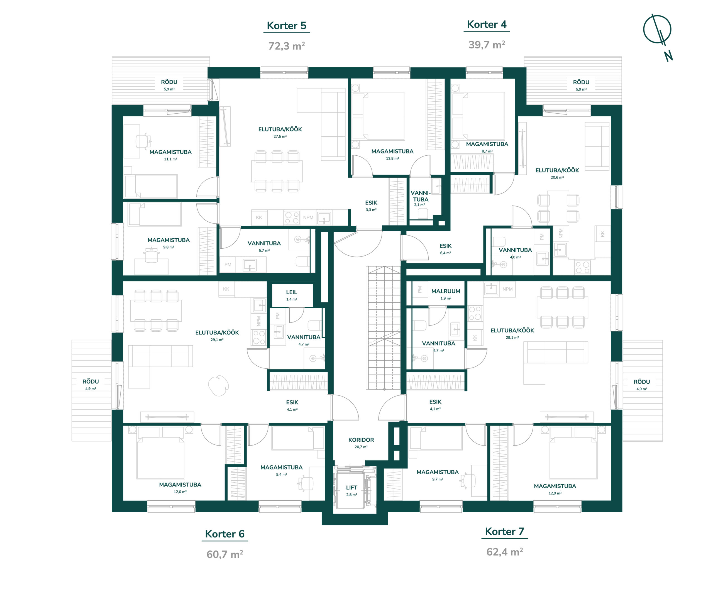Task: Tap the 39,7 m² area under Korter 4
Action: pos(487,45)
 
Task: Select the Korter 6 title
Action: pos(225,534)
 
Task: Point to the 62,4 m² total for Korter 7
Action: pos(505,552)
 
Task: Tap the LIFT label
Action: pos(351,487)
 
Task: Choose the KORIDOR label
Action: pos(361,440)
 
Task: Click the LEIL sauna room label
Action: pos(291,292)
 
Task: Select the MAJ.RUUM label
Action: pos(446,291)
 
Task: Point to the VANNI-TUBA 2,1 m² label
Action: pos(421,198)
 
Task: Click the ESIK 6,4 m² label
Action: pos(445,248)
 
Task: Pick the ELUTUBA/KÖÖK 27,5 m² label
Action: pos(280,132)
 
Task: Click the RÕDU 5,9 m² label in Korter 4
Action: pos(581,85)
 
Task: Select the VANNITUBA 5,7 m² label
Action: pos(264,246)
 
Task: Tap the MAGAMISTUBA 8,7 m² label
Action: pos(487,147)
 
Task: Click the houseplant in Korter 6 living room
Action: pos(218,386)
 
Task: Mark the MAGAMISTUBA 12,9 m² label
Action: pos(555,489)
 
